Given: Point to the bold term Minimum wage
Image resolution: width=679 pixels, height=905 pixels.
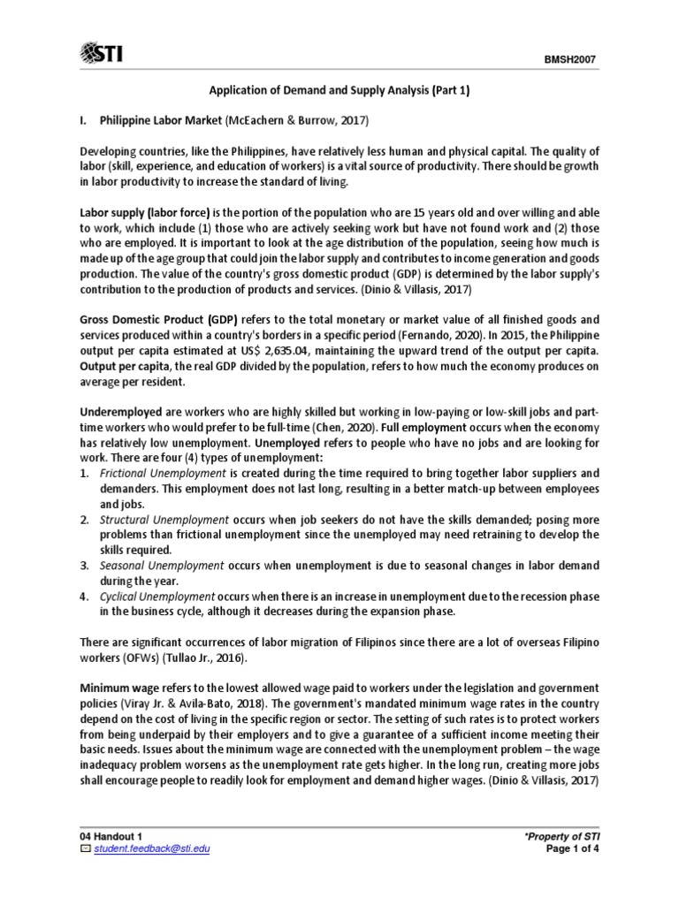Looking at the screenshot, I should click(118, 688).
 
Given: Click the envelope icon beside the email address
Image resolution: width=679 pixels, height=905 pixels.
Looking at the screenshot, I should click(85, 848).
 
